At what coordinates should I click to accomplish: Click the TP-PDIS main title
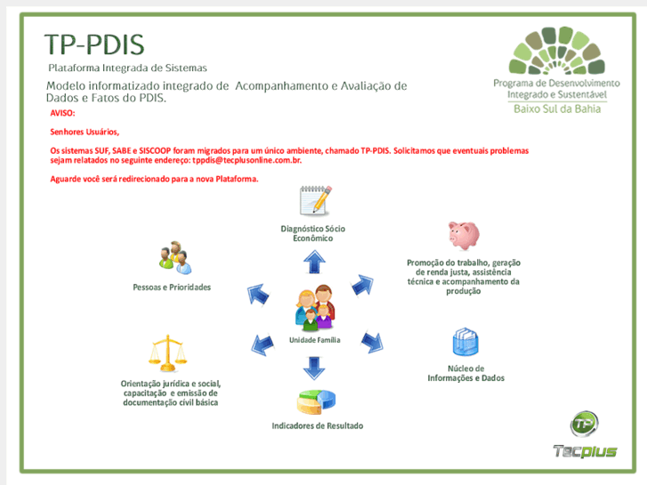[x=93, y=44]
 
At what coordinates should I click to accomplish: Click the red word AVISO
[x=62, y=114]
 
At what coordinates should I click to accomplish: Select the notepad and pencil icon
[x=316, y=200]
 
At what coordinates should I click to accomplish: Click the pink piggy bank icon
[x=463, y=235]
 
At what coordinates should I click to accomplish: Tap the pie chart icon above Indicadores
[x=316, y=402]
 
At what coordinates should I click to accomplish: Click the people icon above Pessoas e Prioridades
[x=174, y=258]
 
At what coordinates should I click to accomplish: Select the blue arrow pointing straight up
[x=313, y=261]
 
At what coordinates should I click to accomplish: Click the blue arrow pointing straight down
[x=313, y=366]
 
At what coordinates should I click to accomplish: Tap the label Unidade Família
[x=314, y=340]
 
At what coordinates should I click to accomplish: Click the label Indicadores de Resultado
[x=317, y=426]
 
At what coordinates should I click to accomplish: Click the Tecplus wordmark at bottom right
[x=585, y=450]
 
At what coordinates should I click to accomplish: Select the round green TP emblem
[x=585, y=423]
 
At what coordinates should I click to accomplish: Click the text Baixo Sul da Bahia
[x=558, y=108]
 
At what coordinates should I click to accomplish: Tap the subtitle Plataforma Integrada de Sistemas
[x=127, y=68]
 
